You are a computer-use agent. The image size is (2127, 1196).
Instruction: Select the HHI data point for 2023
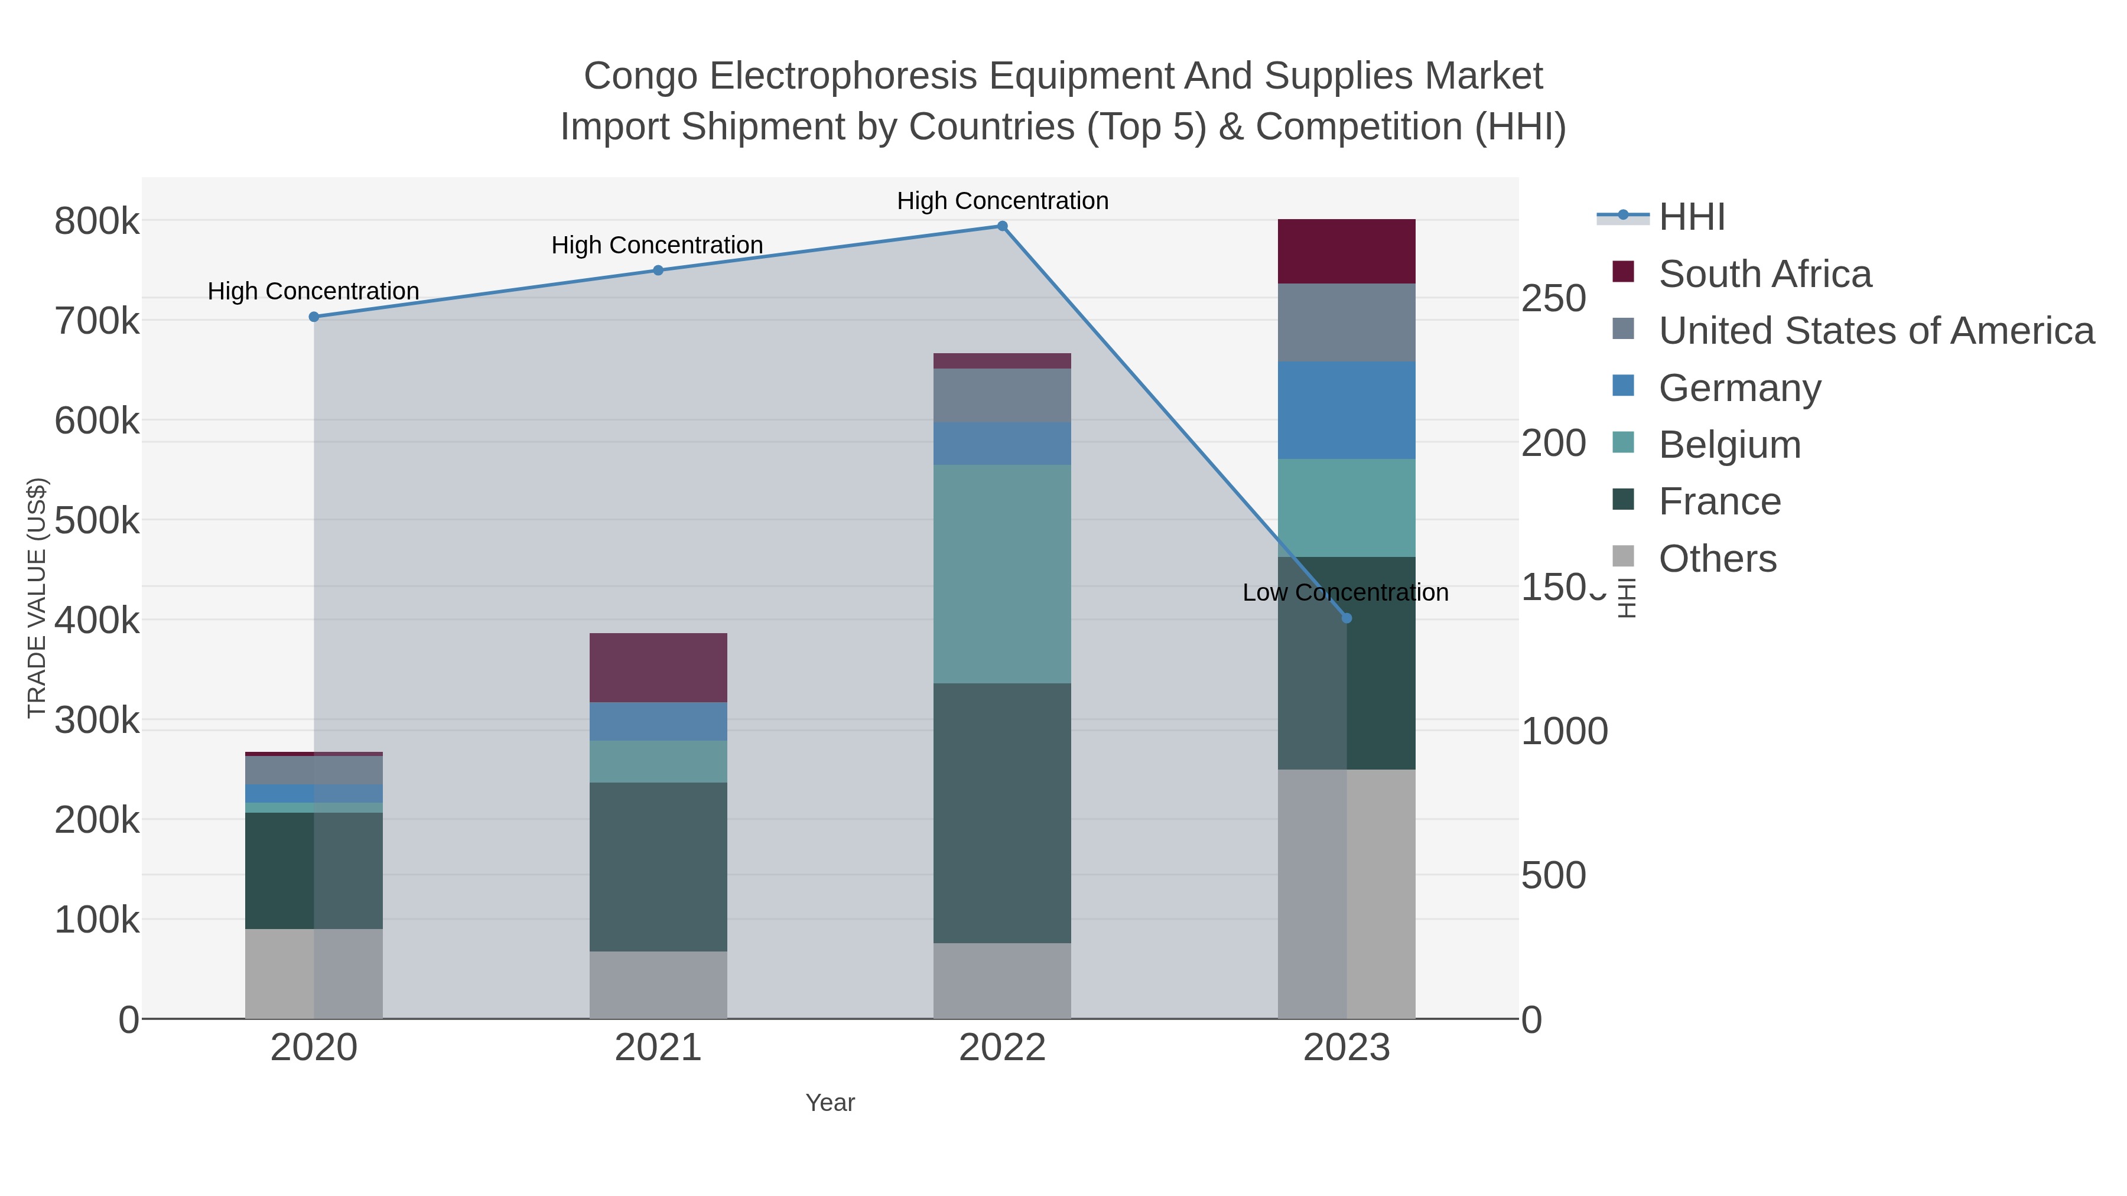point(1347,618)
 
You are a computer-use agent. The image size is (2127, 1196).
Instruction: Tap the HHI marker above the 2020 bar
point(314,317)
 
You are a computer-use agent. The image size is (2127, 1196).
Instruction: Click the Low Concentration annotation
point(1345,592)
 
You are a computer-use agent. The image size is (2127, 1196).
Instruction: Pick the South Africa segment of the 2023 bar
point(1346,252)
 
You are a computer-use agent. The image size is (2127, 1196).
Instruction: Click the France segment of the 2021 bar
point(658,866)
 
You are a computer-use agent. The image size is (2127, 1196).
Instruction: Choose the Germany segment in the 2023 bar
point(1346,410)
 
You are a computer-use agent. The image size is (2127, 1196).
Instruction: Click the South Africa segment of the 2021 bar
point(658,668)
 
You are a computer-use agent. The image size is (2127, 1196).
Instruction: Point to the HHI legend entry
point(1691,217)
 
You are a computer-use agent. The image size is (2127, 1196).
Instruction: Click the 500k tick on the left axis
point(97,522)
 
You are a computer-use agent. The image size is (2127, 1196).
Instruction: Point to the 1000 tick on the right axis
point(1564,731)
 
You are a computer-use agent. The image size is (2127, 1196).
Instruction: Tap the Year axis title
point(830,1103)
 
